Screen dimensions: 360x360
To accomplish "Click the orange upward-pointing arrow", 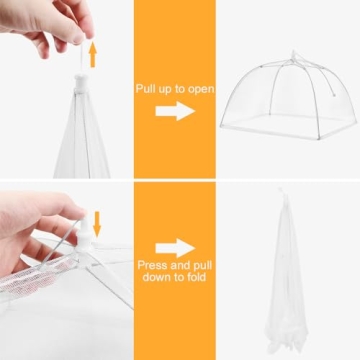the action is point(93,55).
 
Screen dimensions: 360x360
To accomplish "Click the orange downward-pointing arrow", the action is point(97,224).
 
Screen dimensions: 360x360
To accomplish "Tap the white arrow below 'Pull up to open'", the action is point(175,111).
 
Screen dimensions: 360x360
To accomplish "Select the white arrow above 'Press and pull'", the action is point(175,248).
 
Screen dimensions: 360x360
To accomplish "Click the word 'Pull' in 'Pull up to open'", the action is point(145,89).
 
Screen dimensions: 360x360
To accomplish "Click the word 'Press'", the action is point(152,265).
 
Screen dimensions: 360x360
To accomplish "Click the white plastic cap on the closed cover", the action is point(82,83).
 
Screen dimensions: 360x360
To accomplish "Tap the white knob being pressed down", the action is point(83,232).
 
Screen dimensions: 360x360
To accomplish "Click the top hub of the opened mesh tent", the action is point(294,56).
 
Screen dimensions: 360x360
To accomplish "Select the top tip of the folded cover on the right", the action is point(282,190).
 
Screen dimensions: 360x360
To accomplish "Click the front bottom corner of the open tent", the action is point(320,138).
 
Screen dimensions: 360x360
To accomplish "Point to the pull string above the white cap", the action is point(82,58).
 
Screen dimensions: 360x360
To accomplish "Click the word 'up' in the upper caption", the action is point(164,90).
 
